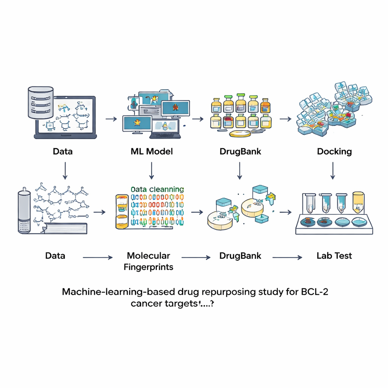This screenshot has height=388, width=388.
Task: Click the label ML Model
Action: pyautogui.click(x=151, y=152)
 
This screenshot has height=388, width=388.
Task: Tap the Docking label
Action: pyautogui.click(x=334, y=152)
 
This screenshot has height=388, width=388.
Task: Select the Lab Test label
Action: pyautogui.click(x=334, y=256)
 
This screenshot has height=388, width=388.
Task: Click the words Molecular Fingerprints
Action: pyautogui.click(x=149, y=261)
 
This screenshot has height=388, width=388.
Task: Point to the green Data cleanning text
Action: pyautogui.click(x=157, y=189)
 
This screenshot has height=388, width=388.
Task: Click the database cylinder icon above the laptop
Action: pyautogui.click(x=40, y=102)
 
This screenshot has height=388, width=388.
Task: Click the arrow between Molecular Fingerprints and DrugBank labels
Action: pyautogui.click(x=196, y=257)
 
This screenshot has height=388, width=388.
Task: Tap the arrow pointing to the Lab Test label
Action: pyautogui.click(x=288, y=257)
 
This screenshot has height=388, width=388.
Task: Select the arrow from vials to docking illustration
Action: pyautogui.click(x=285, y=119)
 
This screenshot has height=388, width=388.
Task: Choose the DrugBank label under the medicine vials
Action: pyautogui.click(x=240, y=152)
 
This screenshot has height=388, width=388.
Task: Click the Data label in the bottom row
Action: pyautogui.click(x=55, y=256)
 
